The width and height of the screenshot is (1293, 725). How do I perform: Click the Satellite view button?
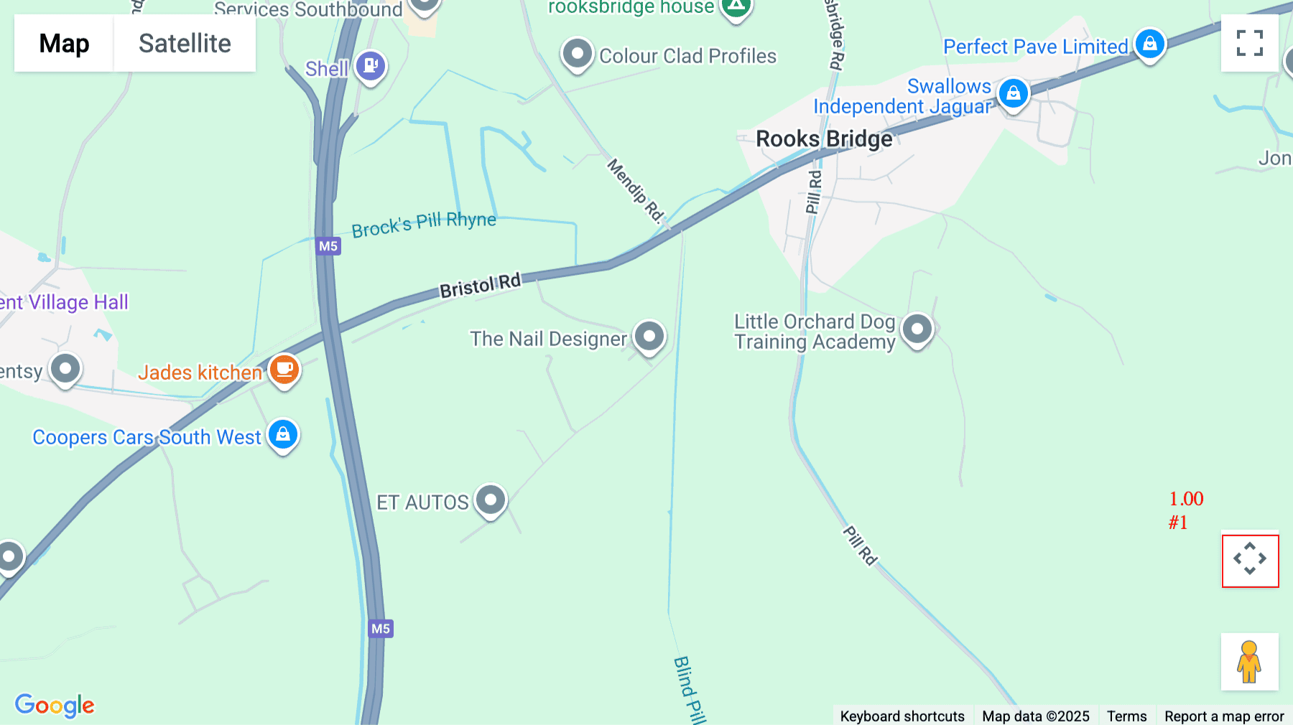185,44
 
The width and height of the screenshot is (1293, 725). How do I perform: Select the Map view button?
64,44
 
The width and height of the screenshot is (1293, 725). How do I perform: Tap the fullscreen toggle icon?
1249,43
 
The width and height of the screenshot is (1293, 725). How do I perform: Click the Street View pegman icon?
1249,662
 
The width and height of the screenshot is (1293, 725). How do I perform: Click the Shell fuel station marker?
371,66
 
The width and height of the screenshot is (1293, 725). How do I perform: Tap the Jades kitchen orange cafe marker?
284,370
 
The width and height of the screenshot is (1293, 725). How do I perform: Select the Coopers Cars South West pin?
283,434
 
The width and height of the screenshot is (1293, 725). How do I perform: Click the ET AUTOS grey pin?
491,499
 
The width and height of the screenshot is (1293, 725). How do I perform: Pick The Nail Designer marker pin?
649,336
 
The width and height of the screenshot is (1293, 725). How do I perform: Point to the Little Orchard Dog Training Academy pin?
917,329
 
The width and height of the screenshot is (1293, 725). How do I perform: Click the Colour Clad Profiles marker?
577,54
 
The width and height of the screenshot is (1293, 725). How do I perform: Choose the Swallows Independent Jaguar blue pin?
1013,93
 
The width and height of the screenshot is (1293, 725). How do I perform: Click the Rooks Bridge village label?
824,139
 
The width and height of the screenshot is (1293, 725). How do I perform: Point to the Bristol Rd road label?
480,286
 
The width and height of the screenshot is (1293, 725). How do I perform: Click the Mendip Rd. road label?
635,190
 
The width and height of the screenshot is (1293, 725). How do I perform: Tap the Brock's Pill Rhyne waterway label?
424,224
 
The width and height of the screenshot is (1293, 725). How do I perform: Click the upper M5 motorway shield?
328,246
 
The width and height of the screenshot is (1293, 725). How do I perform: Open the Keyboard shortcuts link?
902,716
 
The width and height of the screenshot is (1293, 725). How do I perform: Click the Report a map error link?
1224,716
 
